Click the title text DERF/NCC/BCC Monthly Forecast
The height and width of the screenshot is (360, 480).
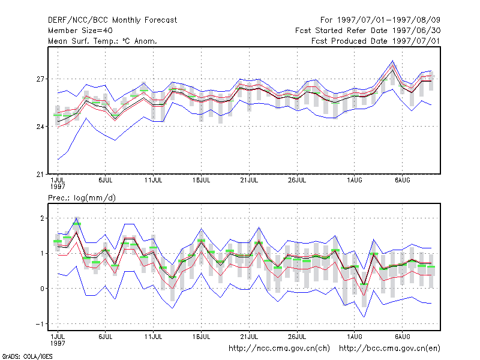coord(112,20)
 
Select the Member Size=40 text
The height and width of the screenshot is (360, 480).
coord(80,31)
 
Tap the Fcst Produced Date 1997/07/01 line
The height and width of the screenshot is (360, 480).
coord(376,41)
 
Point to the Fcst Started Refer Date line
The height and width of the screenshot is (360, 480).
coord(368,31)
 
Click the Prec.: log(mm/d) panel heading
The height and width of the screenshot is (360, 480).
coord(82,198)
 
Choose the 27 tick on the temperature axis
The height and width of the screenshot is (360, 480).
coord(40,79)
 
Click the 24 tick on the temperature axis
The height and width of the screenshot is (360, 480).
coord(40,127)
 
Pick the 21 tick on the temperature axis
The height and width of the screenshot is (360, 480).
coord(40,175)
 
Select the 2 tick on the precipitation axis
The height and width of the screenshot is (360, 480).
coord(42,218)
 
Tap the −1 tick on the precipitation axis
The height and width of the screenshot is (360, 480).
coord(40,324)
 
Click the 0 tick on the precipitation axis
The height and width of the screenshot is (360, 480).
coord(42,289)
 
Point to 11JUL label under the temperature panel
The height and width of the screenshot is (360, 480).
coord(154,181)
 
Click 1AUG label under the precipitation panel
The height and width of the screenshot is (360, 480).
coord(355,337)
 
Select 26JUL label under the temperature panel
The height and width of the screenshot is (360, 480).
coord(297,181)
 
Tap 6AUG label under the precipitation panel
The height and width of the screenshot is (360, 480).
coord(402,337)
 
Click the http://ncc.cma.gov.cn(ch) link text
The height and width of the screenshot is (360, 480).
coord(279,349)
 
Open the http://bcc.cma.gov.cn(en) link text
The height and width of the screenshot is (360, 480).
coord(389,349)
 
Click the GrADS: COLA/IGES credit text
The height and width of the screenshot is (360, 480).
coord(27,356)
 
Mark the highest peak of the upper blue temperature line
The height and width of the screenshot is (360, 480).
coord(393,61)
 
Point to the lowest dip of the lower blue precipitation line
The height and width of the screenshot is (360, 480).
coord(364,317)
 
